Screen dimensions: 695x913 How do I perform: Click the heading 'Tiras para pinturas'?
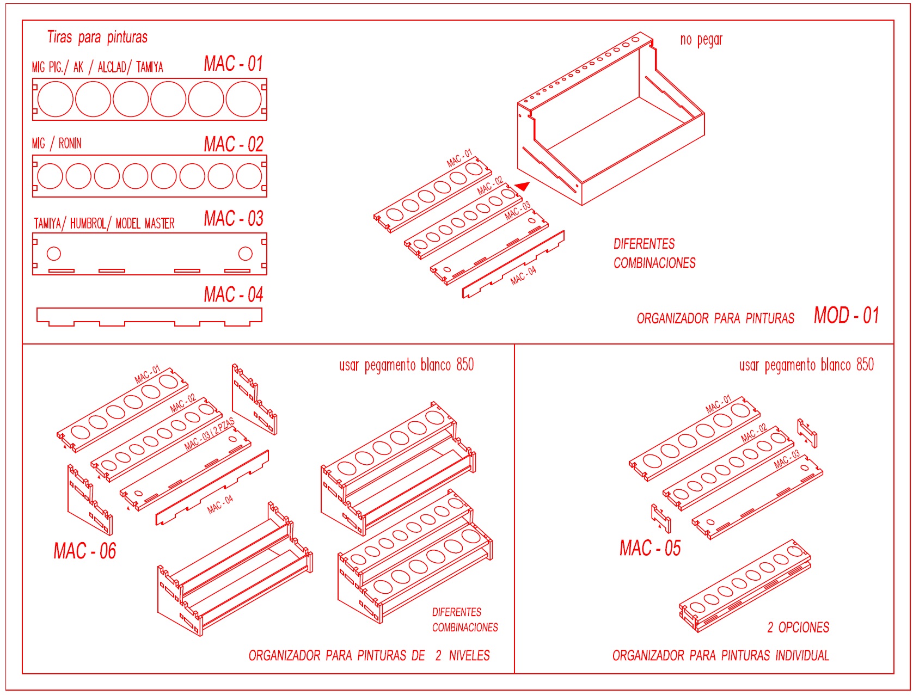[97, 37]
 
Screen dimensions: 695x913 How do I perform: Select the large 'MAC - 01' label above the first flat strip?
[233, 64]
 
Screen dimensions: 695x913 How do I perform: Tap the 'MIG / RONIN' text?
[57, 144]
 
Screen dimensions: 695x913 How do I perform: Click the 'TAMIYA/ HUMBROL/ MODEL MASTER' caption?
[104, 223]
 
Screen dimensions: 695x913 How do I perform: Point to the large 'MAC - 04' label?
[233, 295]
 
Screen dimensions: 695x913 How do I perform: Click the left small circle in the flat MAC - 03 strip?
[54, 253]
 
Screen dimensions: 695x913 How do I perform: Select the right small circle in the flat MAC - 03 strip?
[246, 253]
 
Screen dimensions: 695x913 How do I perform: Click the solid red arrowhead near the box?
[523, 187]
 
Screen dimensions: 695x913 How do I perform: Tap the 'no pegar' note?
[701, 40]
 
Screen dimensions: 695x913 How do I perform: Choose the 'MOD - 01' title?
[846, 316]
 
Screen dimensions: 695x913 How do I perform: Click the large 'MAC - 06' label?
[85, 551]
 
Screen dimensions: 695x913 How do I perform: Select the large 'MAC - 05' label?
[650, 548]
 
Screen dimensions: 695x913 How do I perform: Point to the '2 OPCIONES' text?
[798, 628]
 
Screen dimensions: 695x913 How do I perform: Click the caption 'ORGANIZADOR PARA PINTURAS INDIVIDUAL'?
[720, 655]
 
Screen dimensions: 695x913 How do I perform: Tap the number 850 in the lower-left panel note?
[465, 365]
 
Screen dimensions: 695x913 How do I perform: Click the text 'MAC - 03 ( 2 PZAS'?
[209, 434]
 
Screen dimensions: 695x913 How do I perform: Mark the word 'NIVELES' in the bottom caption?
[469, 655]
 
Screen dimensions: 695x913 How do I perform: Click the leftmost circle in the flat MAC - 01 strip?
[56, 99]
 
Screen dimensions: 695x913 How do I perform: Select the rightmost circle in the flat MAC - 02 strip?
[249, 176]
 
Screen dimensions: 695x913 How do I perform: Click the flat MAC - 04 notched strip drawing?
[149, 315]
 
